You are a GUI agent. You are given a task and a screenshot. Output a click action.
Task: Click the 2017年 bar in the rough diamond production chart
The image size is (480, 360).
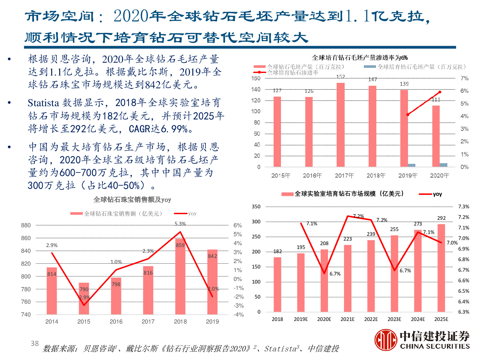[x=340, y=125]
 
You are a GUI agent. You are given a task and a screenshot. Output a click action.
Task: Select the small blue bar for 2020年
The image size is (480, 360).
[x=443, y=165]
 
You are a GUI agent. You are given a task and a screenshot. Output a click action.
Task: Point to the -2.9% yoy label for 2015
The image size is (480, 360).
[x=84, y=297]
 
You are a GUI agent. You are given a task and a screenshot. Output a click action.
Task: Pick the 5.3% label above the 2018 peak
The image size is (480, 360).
[x=180, y=224]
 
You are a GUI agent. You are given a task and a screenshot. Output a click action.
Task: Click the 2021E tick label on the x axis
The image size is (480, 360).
[x=348, y=319]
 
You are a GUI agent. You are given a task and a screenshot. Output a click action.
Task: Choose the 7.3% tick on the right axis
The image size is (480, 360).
[x=464, y=207]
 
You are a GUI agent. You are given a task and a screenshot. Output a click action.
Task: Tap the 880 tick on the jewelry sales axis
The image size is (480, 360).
[x=26, y=225]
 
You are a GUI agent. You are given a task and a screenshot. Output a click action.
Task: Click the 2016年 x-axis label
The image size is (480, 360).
[x=312, y=175]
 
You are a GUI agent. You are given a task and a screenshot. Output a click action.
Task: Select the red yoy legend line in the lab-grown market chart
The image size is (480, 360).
[x=425, y=194]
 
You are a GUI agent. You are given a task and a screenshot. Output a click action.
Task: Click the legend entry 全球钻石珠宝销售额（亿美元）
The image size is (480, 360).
[x=117, y=213]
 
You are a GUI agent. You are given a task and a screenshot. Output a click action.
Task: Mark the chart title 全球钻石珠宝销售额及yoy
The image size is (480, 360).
[x=132, y=200]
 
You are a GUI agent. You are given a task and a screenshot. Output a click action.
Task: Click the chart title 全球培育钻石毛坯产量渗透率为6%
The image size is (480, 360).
[x=360, y=58]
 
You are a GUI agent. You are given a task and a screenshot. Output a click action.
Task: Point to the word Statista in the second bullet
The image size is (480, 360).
[x=43, y=103]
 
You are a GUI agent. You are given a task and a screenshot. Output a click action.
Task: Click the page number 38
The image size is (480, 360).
[x=35, y=343]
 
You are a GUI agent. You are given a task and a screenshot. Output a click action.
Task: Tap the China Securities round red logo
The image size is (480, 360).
[x=386, y=340]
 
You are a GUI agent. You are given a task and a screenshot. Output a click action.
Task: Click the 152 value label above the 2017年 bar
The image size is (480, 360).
[x=340, y=77]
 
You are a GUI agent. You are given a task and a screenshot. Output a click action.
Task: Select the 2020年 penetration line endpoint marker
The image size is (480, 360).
[x=440, y=92]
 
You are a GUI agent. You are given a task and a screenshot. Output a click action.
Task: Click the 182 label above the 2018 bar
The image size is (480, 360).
[x=277, y=252]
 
